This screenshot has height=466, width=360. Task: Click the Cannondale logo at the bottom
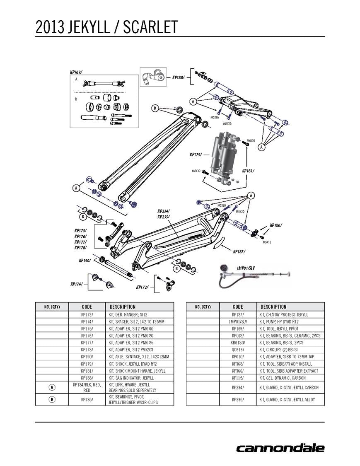[280, 448]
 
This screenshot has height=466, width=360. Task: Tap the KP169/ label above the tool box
[76, 72]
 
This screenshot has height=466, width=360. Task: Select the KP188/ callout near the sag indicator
[178, 77]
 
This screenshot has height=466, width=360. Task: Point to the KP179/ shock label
[196, 155]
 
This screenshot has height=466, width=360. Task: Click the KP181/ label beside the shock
[248, 171]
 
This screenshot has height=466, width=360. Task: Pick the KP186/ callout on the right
[275, 225]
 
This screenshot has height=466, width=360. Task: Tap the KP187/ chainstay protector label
[239, 251]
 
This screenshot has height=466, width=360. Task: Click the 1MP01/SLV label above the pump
[246, 268]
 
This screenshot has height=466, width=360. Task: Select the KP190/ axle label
[85, 261]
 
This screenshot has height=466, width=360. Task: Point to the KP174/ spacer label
[76, 284]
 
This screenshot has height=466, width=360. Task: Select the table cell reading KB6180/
[238, 343]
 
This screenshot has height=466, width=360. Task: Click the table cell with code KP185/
[87, 399]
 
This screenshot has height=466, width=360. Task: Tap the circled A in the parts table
[52, 387]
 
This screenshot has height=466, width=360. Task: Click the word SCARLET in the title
[152, 27]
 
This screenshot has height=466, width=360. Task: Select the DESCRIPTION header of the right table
[273, 307]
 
